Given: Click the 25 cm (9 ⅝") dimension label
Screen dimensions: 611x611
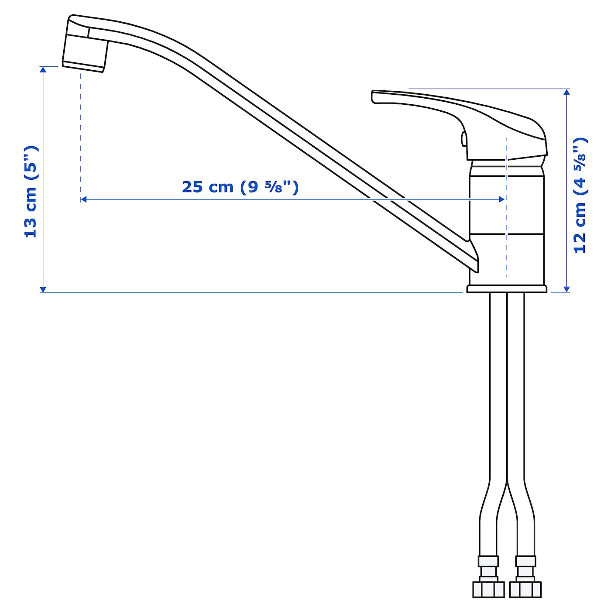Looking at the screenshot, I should [240, 187].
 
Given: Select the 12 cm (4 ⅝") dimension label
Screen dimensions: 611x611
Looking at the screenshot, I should [580, 195].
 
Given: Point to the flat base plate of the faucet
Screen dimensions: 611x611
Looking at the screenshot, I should [506, 288].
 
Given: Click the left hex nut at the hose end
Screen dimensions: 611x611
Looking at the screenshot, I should [488, 589].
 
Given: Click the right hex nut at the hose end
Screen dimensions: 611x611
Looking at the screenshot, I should [525, 589].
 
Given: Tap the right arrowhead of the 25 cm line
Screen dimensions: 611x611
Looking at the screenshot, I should [502, 199].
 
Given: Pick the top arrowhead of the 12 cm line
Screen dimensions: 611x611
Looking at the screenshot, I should [567, 92].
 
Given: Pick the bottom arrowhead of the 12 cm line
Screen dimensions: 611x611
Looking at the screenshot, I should [567, 288].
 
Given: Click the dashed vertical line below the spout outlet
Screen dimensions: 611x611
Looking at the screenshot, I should [81, 131].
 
